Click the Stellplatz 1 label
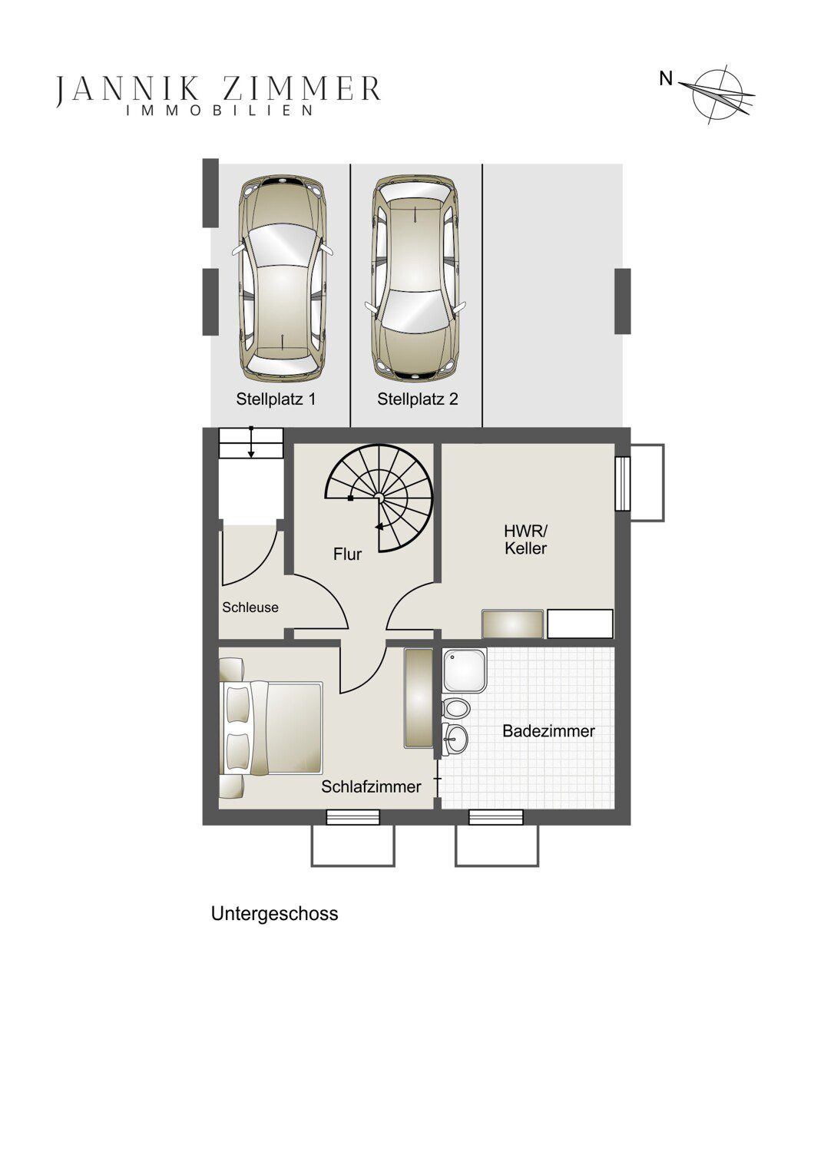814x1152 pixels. pos(276,399)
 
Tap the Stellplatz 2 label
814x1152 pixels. pos(418,399)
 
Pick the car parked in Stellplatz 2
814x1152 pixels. pos(415,278)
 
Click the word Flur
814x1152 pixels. pos(348,554)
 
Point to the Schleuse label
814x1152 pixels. pos(250,607)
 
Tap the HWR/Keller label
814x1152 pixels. pos(525,539)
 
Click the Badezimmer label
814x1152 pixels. pos(548,731)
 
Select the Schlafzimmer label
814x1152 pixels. pos(371,786)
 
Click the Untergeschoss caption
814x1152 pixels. pos(275,913)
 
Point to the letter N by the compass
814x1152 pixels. pos(666,78)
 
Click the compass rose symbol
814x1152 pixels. pos(718,94)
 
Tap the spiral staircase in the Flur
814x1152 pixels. pos(379,498)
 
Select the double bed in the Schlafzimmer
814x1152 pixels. pos(271,727)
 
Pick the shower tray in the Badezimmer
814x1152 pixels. pos(465,670)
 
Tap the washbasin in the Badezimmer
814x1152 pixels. pos(455,740)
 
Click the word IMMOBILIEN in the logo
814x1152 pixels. pos(220,111)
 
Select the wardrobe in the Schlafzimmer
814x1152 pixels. pos(419,698)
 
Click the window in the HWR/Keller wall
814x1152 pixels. pos(623,483)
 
